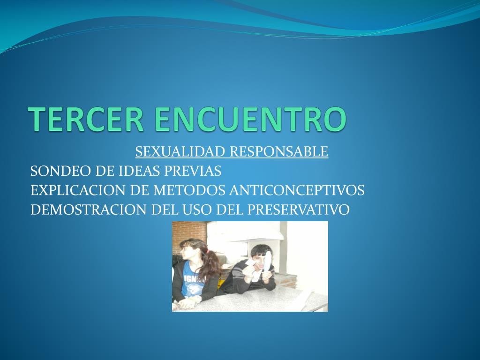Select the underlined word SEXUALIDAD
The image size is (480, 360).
pos(180,151)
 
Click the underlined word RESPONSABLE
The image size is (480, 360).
pos(279,151)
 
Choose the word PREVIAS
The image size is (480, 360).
pos(193,171)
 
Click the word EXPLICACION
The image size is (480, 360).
pos(78,190)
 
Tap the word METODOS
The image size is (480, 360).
pos(189,190)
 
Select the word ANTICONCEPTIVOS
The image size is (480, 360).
pos(297,190)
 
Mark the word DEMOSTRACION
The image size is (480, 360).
pos(88,210)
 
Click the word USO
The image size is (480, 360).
pos(197,210)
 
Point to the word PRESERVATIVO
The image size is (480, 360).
pos(298,210)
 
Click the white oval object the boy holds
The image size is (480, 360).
pos(267,261)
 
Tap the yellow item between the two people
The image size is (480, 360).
pos(219,282)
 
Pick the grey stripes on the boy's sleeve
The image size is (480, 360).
pos(238,273)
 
